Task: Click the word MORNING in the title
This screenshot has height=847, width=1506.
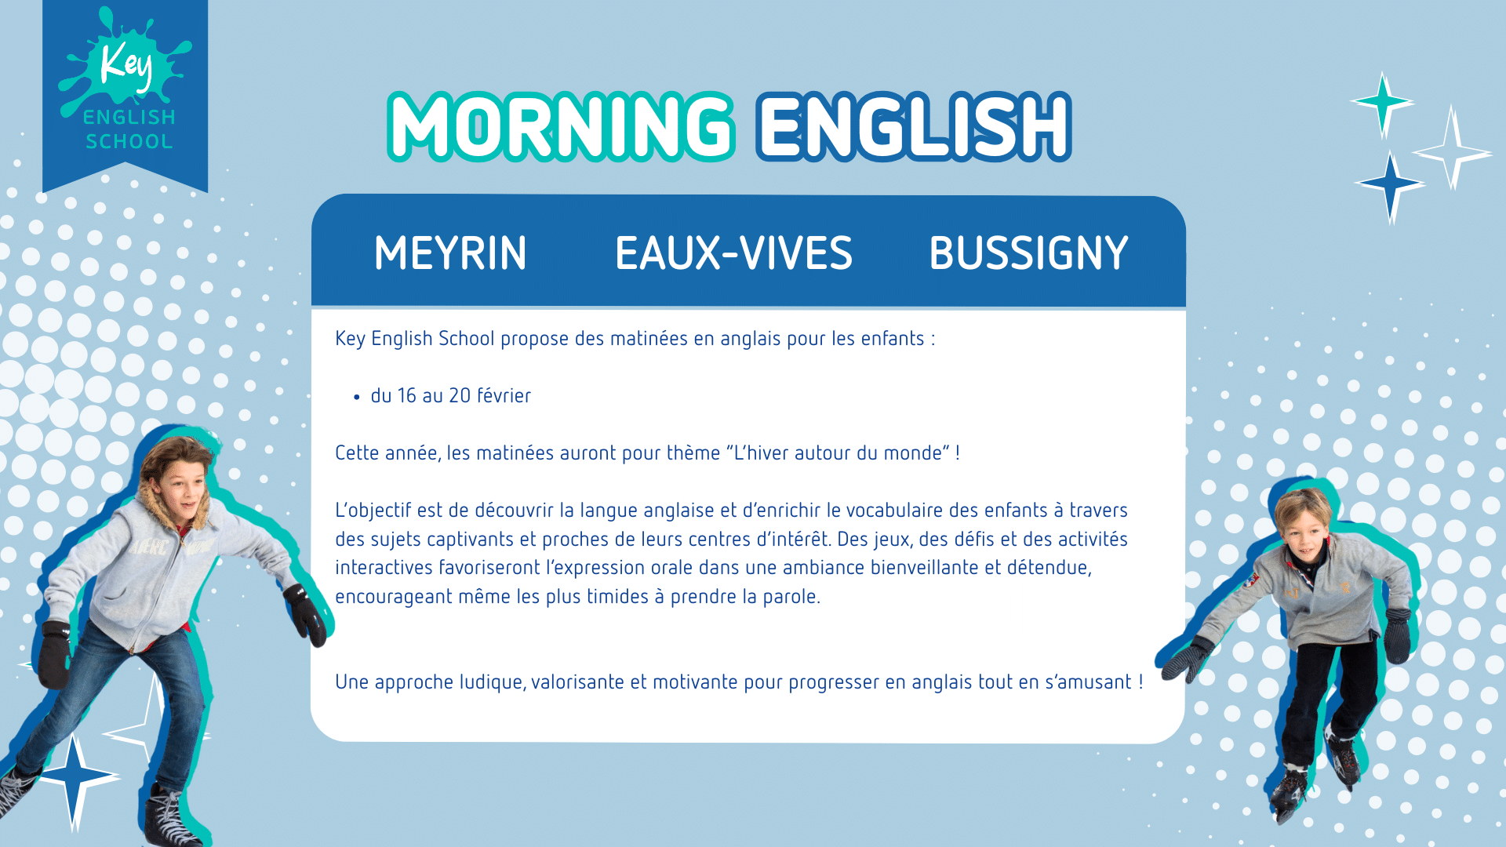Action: [x=562, y=126]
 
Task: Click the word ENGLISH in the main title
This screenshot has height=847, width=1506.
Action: [x=914, y=126]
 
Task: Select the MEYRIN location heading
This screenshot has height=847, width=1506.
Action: [x=450, y=253]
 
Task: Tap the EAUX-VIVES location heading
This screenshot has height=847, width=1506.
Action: [x=733, y=253]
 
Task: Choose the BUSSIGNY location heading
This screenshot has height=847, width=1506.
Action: [x=1028, y=253]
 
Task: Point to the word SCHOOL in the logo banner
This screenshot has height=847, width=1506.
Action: [x=129, y=141]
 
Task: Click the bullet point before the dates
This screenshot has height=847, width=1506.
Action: [x=357, y=398]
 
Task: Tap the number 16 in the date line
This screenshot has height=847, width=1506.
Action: [x=407, y=395]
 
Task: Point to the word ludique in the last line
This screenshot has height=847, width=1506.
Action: [x=492, y=682]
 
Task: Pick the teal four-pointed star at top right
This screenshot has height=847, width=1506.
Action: [x=1382, y=102]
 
